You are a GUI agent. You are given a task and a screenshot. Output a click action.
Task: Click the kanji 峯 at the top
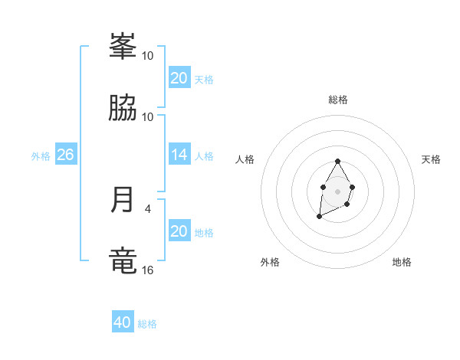(123, 47)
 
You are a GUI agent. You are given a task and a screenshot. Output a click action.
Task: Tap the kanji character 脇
(123, 109)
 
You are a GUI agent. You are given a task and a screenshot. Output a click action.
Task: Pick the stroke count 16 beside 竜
(148, 270)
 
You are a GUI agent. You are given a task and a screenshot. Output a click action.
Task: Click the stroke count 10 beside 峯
(148, 55)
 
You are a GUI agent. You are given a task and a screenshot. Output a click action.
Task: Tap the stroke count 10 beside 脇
(148, 116)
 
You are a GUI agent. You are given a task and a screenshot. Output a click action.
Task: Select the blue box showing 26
(65, 155)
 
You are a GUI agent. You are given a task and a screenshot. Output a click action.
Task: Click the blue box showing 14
(179, 155)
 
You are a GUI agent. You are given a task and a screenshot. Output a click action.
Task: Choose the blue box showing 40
(122, 322)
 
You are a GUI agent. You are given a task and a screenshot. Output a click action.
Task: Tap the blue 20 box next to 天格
(179, 78)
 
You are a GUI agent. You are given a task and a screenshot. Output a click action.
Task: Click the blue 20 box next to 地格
(179, 231)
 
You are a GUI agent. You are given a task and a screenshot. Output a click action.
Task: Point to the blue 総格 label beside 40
(147, 324)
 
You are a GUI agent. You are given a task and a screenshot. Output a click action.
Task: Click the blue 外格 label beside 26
(41, 156)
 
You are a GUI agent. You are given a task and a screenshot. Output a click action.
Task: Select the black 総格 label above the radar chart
(338, 100)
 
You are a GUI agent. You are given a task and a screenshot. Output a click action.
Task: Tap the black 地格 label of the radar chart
(402, 262)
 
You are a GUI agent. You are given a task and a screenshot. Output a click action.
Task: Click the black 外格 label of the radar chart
(270, 262)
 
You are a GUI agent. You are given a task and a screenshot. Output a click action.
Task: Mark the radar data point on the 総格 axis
(337, 162)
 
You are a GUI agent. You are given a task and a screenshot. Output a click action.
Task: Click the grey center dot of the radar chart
(337, 190)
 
